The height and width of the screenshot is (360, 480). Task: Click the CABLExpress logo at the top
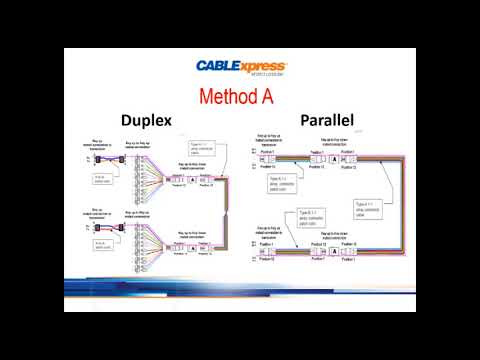[x=239, y=67]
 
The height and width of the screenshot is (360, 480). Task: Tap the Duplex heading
[x=146, y=120]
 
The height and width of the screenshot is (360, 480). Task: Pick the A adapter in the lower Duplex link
[x=193, y=246]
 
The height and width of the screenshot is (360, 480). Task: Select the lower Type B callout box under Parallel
[x=310, y=217]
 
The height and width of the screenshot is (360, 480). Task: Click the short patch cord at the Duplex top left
[x=103, y=160]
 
